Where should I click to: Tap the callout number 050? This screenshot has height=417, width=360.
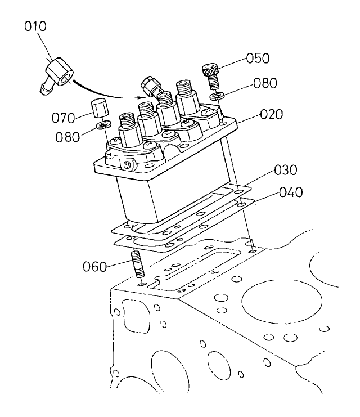pos(257,59)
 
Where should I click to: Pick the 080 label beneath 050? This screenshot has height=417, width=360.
pos(265,84)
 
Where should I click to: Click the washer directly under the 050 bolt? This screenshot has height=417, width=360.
pos(215,97)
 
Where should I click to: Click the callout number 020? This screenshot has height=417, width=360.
pos(271,115)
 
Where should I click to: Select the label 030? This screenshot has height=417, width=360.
pos(286,171)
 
